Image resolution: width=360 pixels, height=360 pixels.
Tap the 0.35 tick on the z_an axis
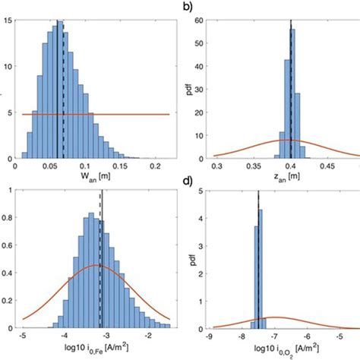(x=255, y=163)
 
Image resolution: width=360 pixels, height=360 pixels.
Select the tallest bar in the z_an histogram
(x=294, y=99)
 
